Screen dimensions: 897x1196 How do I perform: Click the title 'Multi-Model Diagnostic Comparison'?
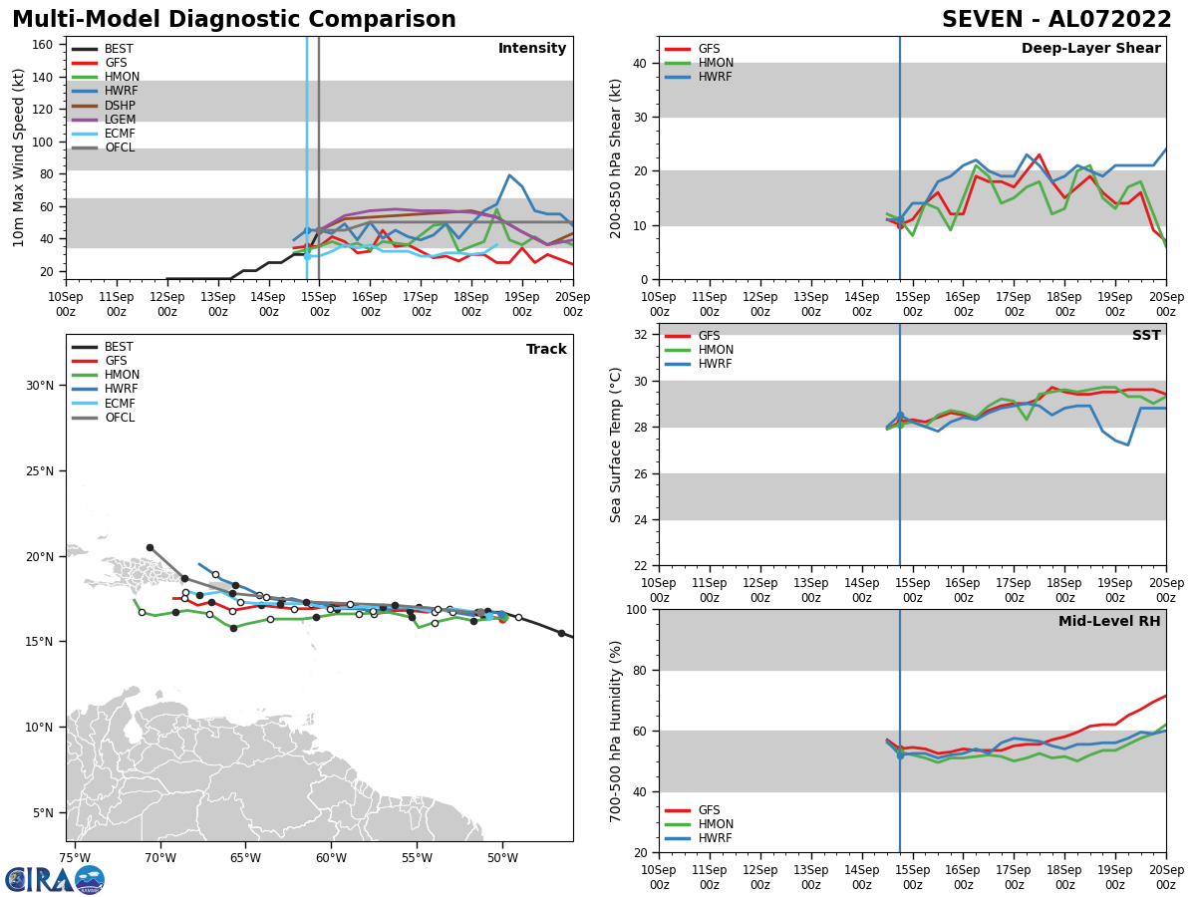(x=233, y=20)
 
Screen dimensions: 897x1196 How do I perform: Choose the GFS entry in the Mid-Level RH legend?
(x=709, y=810)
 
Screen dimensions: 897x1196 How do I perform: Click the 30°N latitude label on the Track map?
(x=40, y=386)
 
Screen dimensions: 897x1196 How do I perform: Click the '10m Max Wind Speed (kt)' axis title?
(x=19, y=157)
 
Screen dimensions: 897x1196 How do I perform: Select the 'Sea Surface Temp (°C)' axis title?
(x=616, y=445)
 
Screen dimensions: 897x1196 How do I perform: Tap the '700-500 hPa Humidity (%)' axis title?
(x=616, y=731)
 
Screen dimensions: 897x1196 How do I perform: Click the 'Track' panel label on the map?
(x=546, y=350)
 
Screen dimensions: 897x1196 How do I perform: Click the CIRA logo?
(x=54, y=879)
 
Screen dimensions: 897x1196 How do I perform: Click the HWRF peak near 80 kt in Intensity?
(x=509, y=175)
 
